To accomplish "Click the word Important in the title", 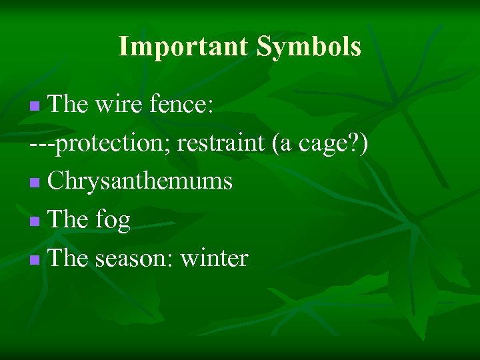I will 183,47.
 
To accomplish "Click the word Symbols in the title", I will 309,47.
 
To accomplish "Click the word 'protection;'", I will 113,143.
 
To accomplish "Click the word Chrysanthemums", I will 140,181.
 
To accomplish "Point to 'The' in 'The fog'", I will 69,220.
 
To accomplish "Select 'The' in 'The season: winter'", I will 69,259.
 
